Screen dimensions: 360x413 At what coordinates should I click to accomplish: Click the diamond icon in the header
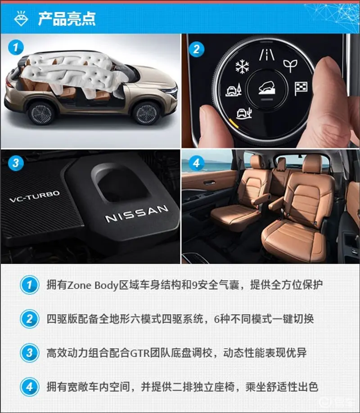(x=21, y=18)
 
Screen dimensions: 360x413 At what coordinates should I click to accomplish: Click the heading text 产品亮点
(x=67, y=19)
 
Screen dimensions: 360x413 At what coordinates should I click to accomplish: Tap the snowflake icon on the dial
(x=242, y=67)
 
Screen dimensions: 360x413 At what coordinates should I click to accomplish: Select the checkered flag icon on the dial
(x=301, y=89)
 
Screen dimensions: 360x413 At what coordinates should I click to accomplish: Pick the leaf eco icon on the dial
(x=290, y=66)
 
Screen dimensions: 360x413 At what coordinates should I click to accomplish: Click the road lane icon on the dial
(x=266, y=54)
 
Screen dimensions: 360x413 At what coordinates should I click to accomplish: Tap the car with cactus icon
(x=244, y=113)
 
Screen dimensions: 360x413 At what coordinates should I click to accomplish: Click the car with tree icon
(x=234, y=90)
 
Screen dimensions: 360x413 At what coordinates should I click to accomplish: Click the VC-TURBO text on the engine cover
(x=35, y=197)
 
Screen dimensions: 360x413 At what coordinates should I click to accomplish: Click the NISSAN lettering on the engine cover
(x=136, y=213)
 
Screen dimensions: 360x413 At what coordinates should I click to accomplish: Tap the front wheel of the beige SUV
(x=146, y=113)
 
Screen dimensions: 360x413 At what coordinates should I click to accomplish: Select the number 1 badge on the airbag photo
(x=16, y=47)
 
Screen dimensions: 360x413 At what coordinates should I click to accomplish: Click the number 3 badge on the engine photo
(x=16, y=163)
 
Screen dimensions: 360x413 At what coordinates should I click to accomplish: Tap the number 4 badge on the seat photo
(x=197, y=163)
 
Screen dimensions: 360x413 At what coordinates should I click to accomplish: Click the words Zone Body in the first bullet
(x=93, y=285)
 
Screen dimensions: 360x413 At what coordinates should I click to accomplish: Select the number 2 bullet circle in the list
(x=30, y=319)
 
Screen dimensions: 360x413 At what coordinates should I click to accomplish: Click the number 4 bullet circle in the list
(x=30, y=387)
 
